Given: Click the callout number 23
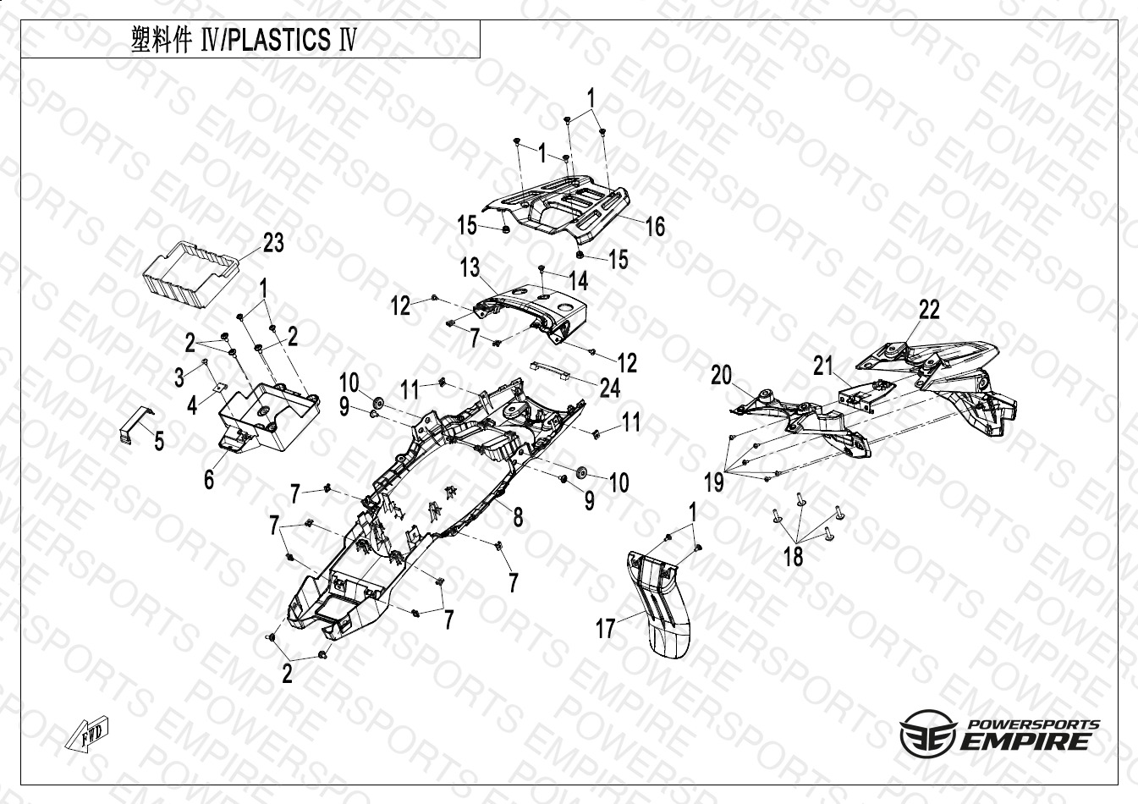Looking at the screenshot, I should point(273,244).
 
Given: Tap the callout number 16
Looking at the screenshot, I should point(655,226).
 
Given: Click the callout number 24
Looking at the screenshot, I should point(609,388).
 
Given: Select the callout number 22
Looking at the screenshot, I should point(929,310).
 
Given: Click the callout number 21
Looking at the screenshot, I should point(823,366).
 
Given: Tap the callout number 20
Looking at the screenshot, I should point(721,375).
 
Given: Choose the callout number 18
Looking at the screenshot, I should point(794,556).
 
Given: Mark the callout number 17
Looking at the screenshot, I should point(606,629).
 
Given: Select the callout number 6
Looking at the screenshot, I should point(209,479).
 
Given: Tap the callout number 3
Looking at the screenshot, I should point(179,377).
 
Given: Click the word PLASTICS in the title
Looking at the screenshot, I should point(279,40).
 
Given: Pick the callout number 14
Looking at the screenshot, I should point(579,279).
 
